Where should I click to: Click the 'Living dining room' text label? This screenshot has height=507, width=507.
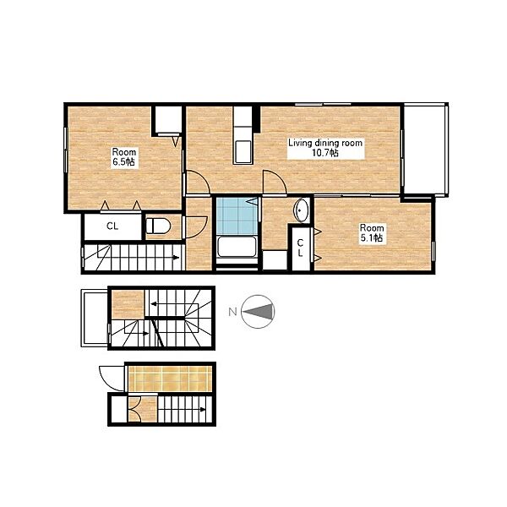[x=325, y=143]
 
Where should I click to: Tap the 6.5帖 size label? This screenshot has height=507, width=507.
[x=123, y=162]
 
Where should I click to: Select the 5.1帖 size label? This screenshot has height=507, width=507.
[x=372, y=238]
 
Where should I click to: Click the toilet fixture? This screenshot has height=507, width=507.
[x=159, y=226]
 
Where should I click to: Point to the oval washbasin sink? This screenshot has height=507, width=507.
[x=301, y=210]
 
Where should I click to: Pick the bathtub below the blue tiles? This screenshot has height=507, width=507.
[x=237, y=247]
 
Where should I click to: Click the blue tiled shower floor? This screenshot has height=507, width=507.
[x=237, y=216]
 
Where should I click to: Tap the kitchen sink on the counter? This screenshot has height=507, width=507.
[x=243, y=151]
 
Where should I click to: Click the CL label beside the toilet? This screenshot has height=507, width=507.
[x=112, y=226]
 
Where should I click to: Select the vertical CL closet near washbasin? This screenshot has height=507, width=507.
[x=301, y=248]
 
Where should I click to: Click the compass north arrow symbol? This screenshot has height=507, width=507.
[x=258, y=312]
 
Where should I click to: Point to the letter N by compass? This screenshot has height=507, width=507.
[x=233, y=312]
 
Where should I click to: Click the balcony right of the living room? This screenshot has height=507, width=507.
[x=425, y=150]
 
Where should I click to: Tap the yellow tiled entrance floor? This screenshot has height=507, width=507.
[x=170, y=379]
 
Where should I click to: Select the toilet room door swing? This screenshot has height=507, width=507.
[x=196, y=227]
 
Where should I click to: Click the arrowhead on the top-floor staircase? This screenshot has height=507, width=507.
[x=176, y=258]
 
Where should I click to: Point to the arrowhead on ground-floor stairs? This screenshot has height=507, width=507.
[x=203, y=409]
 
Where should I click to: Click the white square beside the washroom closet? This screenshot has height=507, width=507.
[x=275, y=260]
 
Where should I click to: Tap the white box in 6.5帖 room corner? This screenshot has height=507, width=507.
[x=166, y=119]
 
